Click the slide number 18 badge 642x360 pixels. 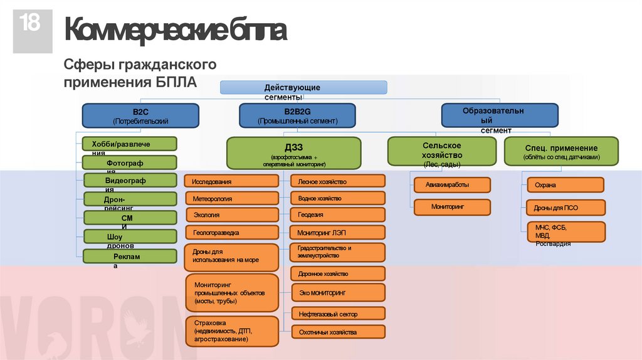pos(28,30)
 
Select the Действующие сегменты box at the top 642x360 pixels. pos(303,88)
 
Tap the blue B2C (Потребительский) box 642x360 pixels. pos(140,116)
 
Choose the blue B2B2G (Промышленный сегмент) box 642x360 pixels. pos(297,116)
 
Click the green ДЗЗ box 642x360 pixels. pos(294,154)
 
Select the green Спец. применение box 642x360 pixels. pos(561,152)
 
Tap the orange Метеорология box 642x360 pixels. pos(231,198)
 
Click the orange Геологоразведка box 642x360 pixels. pos(231,233)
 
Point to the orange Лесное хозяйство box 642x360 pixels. pos(338,181)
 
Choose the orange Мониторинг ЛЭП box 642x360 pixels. pos(338,233)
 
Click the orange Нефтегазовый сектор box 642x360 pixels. pos(338,313)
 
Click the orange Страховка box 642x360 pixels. pos(231,331)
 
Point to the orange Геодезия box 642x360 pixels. pos(338,215)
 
